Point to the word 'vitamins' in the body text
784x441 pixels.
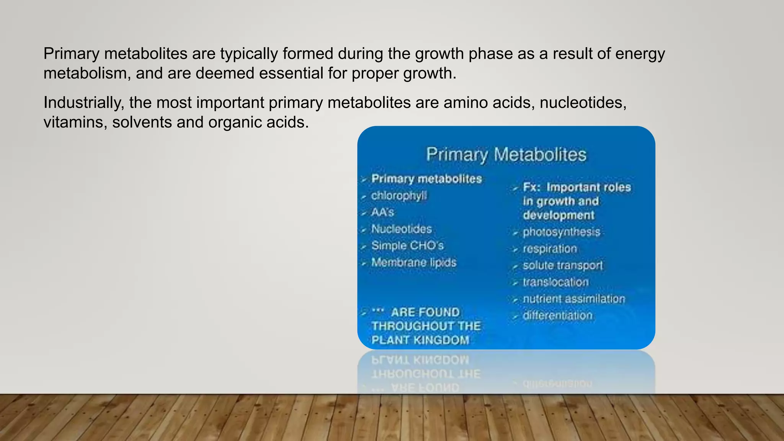click(x=75, y=122)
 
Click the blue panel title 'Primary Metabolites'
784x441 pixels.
click(x=506, y=155)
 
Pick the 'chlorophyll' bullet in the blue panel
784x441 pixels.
click(x=399, y=196)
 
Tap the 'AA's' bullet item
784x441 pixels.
click(x=382, y=212)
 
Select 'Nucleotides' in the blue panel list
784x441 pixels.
click(x=402, y=229)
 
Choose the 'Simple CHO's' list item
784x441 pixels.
click(x=407, y=245)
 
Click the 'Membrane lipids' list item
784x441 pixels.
click(x=414, y=262)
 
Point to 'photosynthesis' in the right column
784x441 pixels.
click(x=561, y=232)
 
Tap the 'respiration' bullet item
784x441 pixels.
click(x=550, y=249)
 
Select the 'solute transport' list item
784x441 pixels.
click(x=563, y=265)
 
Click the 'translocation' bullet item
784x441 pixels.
click(x=555, y=282)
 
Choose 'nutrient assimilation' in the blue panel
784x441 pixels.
click(x=574, y=299)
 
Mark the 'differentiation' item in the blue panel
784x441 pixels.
click(x=557, y=315)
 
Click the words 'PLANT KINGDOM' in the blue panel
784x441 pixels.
click(x=420, y=340)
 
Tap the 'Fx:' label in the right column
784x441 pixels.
click(x=532, y=187)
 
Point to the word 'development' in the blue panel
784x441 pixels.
click(x=559, y=215)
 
